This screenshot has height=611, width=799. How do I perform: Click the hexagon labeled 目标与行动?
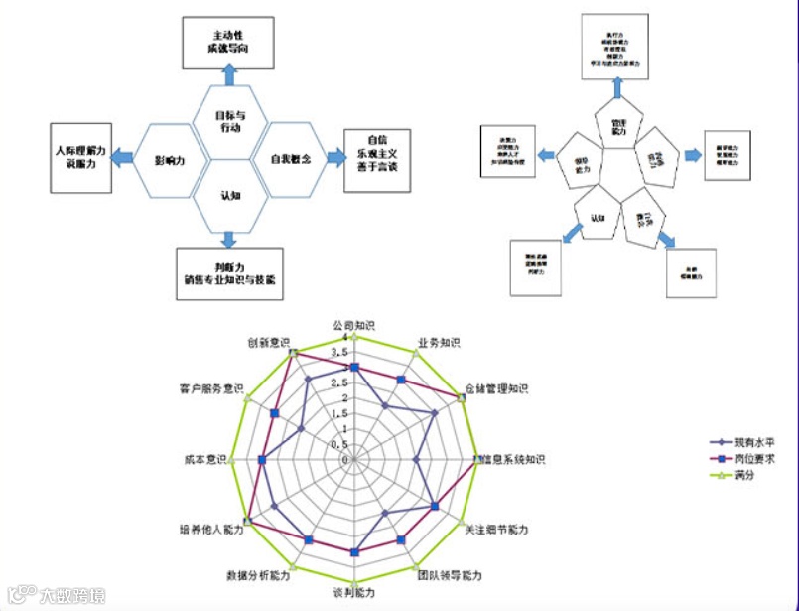click(x=230, y=121)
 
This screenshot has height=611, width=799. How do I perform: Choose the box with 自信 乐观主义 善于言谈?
click(x=375, y=154)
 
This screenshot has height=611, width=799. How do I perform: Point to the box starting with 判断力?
click(x=229, y=273)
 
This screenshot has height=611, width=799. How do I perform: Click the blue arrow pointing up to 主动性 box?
click(x=229, y=75)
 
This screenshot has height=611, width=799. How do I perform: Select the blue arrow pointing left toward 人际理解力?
click(x=122, y=157)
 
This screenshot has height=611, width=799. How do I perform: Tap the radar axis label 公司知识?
click(x=353, y=325)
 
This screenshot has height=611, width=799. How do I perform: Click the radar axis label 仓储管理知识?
click(x=496, y=388)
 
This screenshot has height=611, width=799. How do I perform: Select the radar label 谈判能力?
click(x=353, y=593)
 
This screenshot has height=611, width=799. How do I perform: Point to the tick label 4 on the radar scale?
click(x=343, y=338)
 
